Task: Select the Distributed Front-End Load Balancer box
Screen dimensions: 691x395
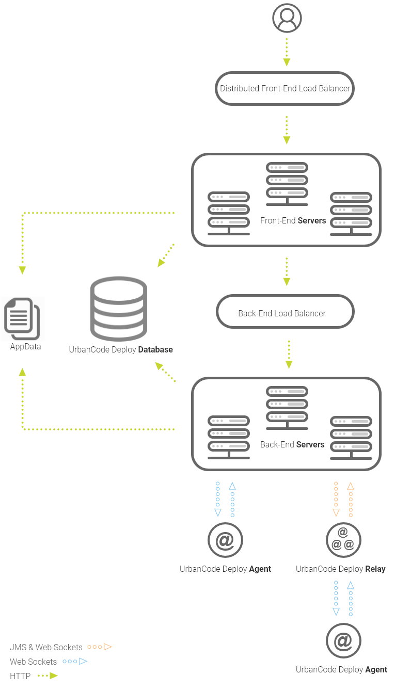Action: click(285, 88)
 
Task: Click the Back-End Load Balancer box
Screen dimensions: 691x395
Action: click(285, 313)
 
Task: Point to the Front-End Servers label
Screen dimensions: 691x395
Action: click(293, 220)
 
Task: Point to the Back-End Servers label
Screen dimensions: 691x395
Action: click(292, 444)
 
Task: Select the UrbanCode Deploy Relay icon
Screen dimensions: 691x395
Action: click(343, 540)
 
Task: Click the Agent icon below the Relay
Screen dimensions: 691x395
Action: click(343, 641)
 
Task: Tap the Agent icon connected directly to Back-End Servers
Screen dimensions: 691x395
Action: click(225, 540)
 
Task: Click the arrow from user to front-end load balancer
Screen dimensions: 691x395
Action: click(287, 52)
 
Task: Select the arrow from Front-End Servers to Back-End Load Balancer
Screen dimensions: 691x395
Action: click(287, 271)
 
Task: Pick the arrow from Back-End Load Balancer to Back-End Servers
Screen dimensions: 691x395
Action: click(289, 354)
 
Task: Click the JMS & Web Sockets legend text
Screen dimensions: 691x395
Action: click(46, 647)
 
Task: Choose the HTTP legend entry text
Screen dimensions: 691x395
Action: click(20, 676)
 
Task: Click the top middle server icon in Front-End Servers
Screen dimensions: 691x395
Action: click(287, 180)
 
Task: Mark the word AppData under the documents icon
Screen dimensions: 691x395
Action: click(25, 346)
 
